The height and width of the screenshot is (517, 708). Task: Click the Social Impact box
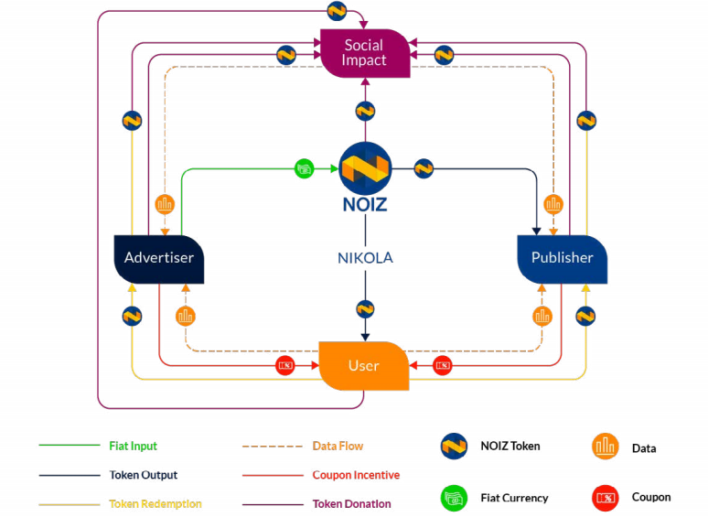(364, 53)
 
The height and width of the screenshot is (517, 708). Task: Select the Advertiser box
(158, 258)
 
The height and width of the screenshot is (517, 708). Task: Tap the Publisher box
(562, 258)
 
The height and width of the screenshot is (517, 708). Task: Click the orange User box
(363, 365)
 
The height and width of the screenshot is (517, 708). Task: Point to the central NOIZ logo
(365, 167)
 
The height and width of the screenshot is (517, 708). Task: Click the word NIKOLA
(364, 258)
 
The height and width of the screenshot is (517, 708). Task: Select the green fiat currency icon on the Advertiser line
(304, 168)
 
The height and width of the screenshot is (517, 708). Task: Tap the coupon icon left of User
(285, 366)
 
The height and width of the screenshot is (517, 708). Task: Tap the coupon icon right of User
(443, 366)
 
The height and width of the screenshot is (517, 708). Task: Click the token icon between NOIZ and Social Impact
(365, 112)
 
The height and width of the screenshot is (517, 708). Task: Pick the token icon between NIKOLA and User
(365, 309)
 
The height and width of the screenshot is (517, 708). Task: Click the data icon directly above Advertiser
(166, 204)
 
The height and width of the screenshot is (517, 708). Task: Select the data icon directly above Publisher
(552, 204)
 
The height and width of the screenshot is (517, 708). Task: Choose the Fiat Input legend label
(133, 447)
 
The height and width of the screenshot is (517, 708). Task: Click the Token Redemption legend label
(155, 504)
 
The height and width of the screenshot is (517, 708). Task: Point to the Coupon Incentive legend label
(355, 475)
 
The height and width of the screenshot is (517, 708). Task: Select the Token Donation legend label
(351, 504)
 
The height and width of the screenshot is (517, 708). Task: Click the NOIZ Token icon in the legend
(454, 447)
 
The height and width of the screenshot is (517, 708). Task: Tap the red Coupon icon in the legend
(605, 498)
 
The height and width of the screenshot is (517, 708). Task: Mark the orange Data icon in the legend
(605, 447)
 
